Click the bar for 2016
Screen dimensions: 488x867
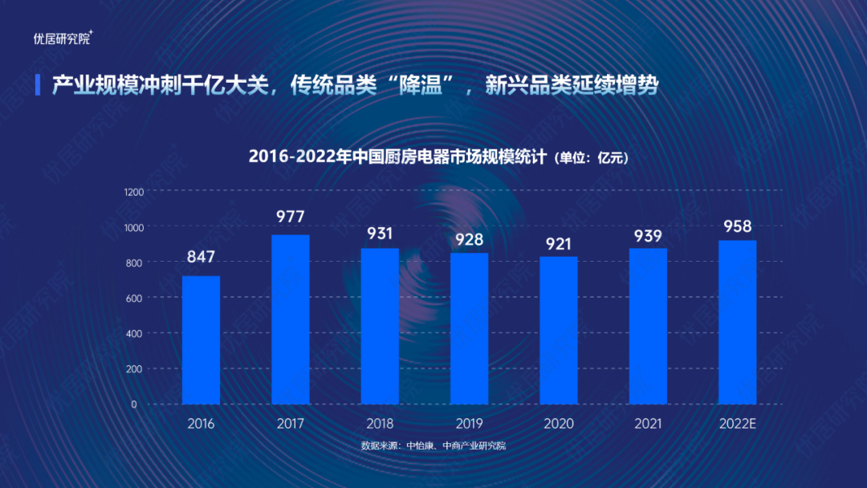[x=201, y=340]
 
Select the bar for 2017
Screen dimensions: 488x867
[x=290, y=319]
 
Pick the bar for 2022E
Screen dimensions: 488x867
[x=737, y=322]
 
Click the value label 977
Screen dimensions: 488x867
[x=290, y=217]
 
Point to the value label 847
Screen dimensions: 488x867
[x=201, y=258]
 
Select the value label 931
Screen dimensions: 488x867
[x=380, y=234]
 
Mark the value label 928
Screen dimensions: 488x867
[x=469, y=238]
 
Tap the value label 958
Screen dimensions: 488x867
[x=737, y=226]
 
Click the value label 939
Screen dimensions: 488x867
[x=647, y=235]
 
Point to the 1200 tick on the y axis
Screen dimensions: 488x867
[x=133, y=192]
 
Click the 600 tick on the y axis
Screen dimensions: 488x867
[x=133, y=298]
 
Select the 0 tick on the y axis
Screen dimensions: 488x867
[x=134, y=405]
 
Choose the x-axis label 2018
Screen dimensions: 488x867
[x=380, y=424]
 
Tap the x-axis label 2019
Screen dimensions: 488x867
[x=469, y=424]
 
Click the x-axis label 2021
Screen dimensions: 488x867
[x=647, y=424]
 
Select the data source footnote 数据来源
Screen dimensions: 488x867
[x=433, y=445]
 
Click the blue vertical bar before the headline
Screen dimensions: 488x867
[x=38, y=84]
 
